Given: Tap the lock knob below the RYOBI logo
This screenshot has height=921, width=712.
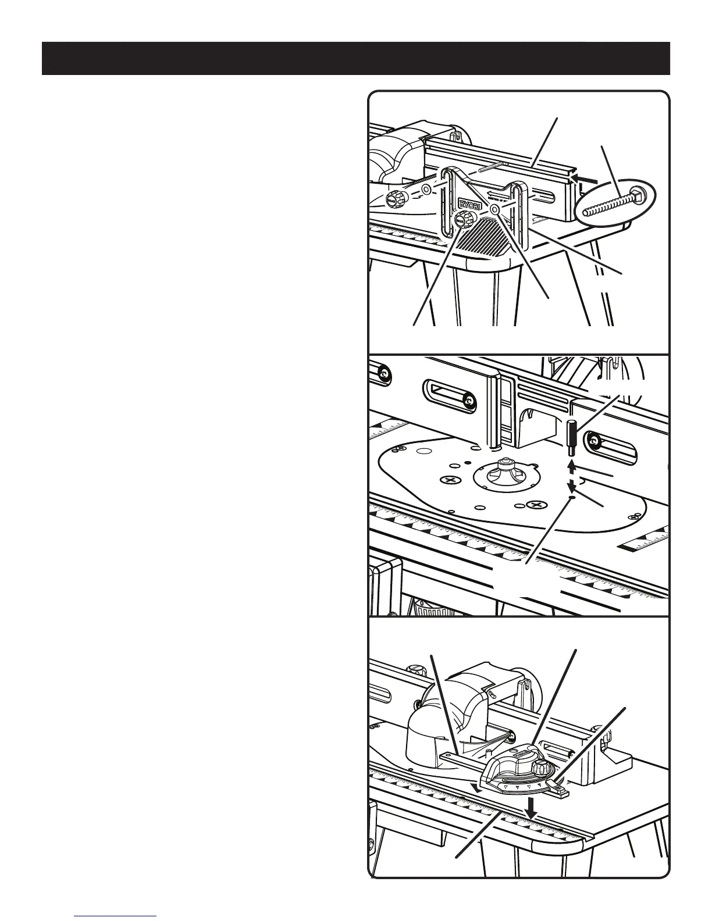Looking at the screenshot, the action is (464, 220).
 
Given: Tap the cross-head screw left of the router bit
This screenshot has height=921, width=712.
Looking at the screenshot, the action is (449, 481).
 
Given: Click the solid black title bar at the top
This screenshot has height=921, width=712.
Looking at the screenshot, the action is (355, 58).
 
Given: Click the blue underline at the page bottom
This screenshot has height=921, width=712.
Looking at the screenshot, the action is (116, 916).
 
